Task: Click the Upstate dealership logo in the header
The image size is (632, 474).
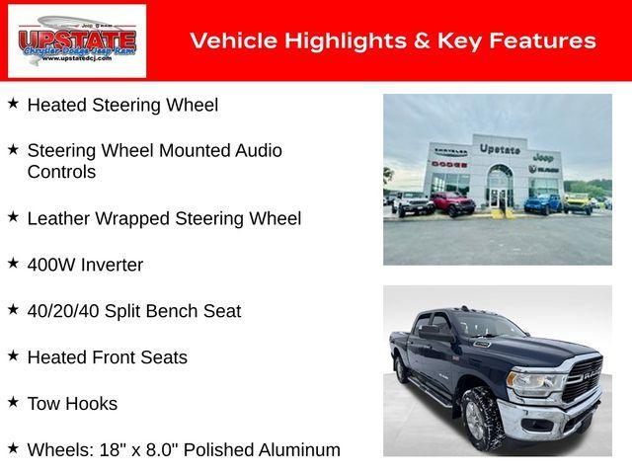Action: [x=77, y=41]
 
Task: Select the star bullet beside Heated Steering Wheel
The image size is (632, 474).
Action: [x=13, y=103]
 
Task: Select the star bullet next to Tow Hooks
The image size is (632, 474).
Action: [x=13, y=402]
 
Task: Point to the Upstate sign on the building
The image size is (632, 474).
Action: [x=500, y=149]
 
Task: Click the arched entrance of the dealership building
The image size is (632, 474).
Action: [x=501, y=184]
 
